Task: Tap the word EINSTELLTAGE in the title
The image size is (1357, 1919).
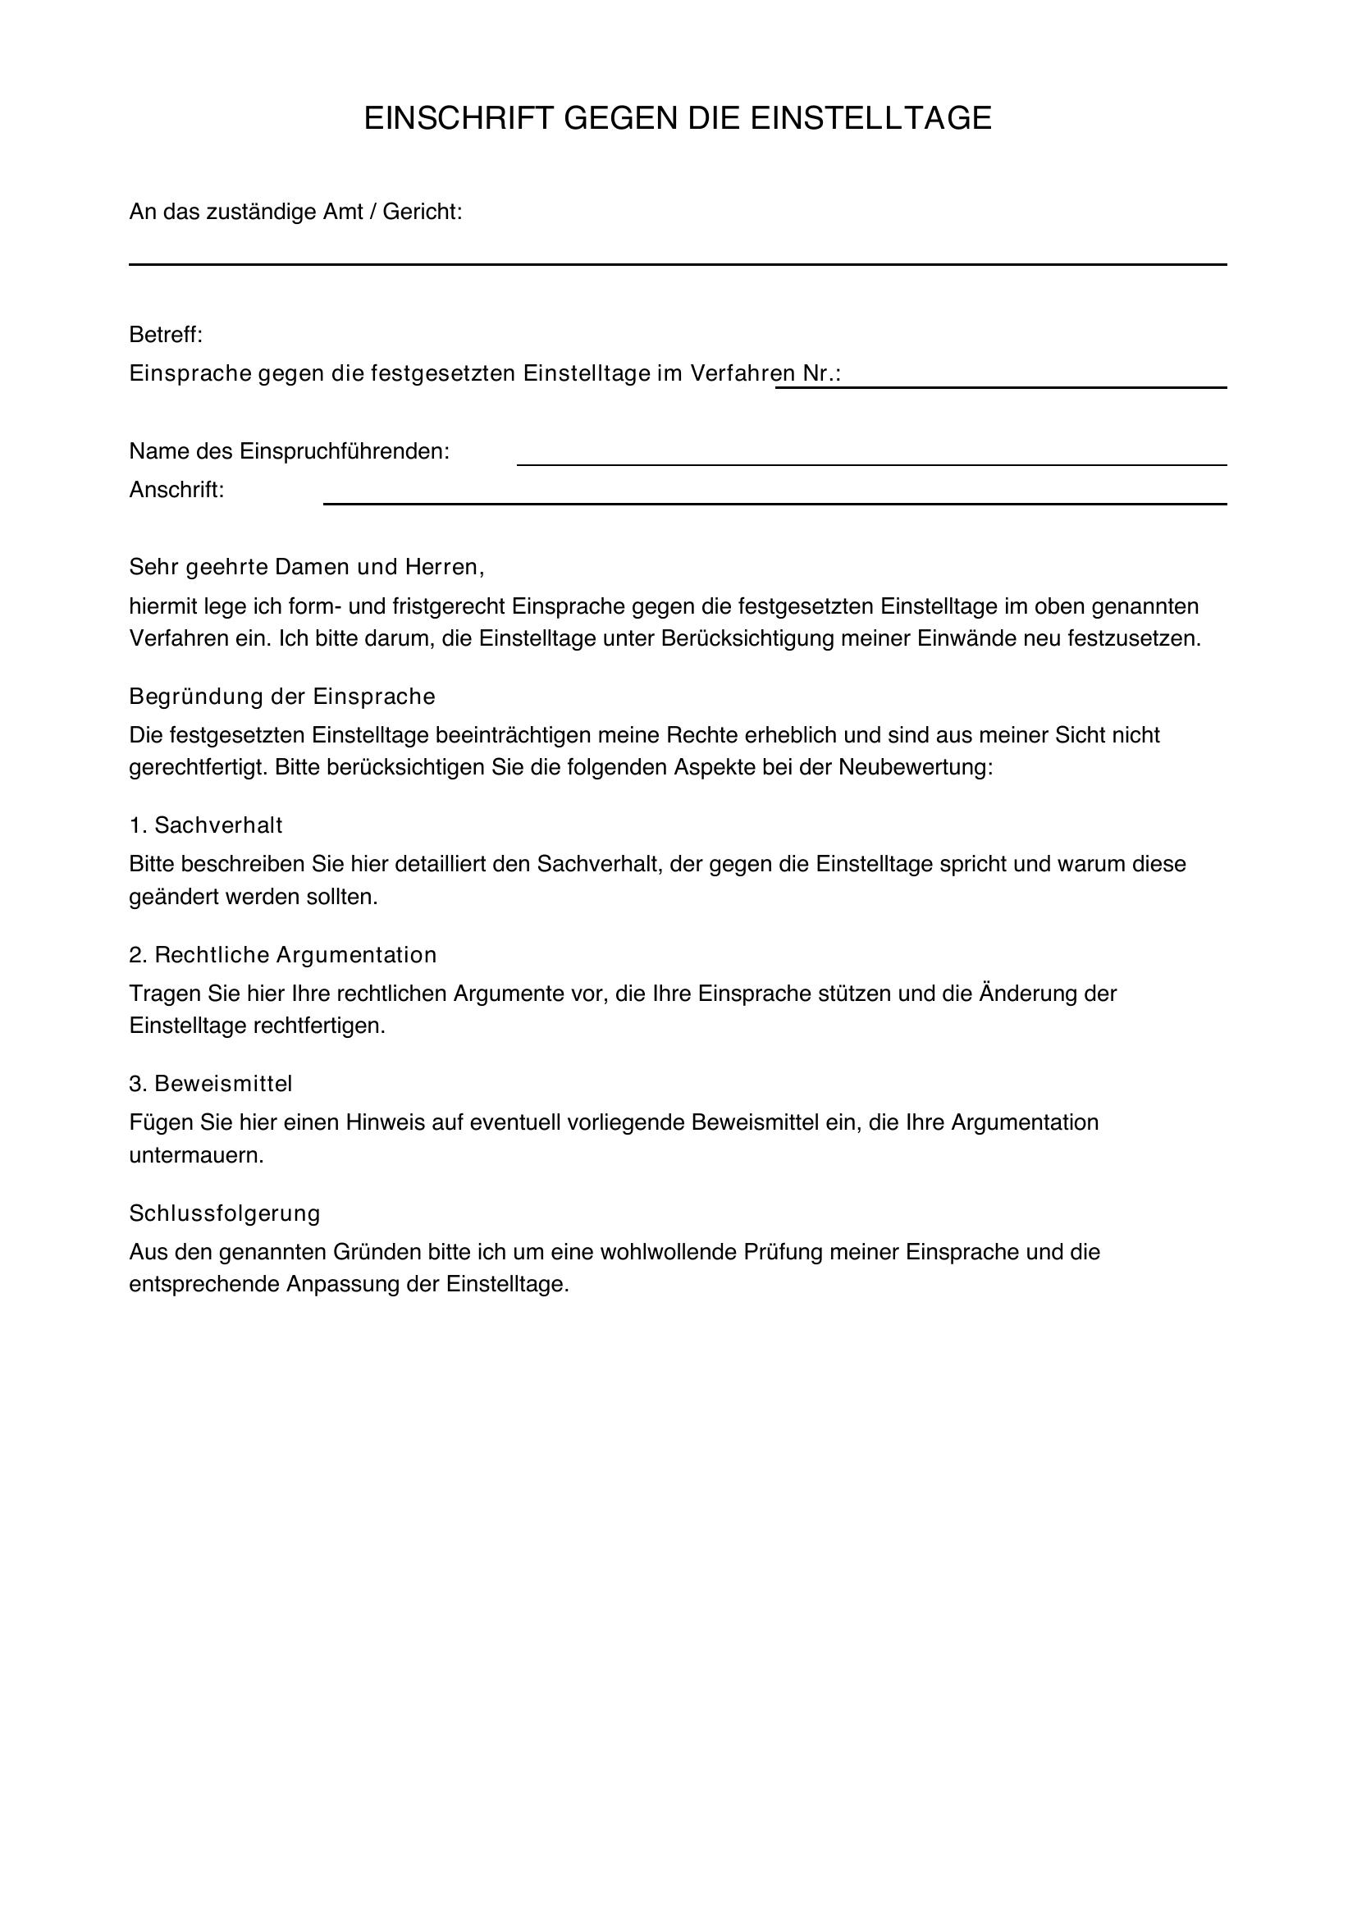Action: coord(870,119)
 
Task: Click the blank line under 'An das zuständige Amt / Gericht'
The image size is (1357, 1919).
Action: coord(677,263)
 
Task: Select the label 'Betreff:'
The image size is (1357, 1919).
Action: coord(166,336)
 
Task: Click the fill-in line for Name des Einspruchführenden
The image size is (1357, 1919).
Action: coord(870,464)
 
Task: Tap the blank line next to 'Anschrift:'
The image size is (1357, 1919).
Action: coord(774,503)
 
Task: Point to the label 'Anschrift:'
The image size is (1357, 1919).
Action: coord(176,491)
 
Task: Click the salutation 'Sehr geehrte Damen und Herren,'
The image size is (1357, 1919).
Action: coord(307,568)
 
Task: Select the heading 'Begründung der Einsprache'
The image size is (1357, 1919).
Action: coord(282,697)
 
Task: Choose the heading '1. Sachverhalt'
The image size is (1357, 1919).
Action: coord(206,826)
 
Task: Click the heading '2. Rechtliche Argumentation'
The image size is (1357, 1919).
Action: coord(282,954)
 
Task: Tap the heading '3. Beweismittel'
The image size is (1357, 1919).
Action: coord(211,1084)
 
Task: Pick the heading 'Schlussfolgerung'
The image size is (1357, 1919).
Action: coord(225,1213)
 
